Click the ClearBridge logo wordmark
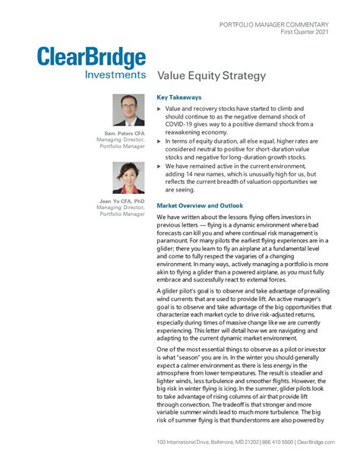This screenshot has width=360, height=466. pos(91,59)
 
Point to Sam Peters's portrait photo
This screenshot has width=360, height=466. pos(128,110)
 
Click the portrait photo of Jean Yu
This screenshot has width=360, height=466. pos(128,178)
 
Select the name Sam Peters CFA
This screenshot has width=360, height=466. pos(124,134)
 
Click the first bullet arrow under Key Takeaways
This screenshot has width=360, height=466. pos(159,110)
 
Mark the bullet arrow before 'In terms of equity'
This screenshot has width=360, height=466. pos(159,142)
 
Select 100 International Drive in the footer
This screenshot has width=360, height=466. pos(183,442)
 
